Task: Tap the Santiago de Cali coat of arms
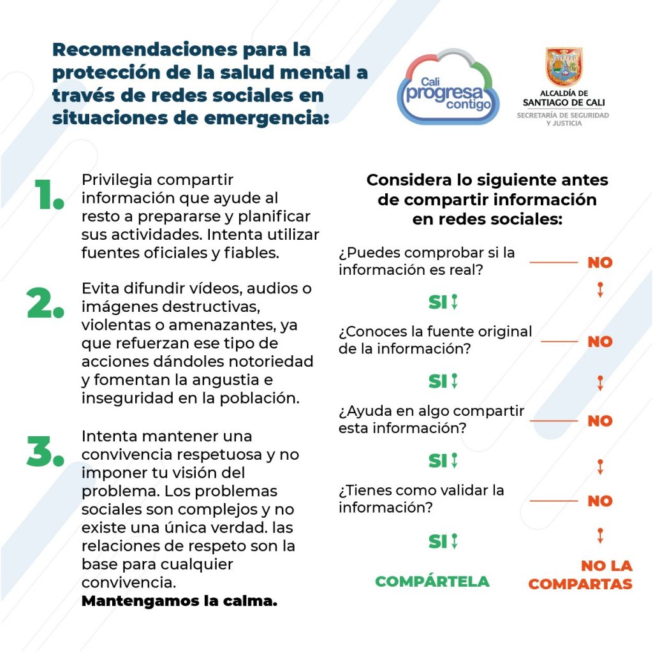(564, 67)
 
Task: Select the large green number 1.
(48, 194)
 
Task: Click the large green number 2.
(45, 303)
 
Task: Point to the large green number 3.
(45, 451)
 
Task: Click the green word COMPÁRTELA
(432, 582)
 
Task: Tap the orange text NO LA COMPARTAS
(580, 575)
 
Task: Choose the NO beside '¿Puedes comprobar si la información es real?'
(599, 263)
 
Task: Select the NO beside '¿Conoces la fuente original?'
(599, 342)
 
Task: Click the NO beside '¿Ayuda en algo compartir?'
(599, 421)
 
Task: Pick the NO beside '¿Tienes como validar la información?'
(599, 501)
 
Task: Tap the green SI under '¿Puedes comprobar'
(438, 302)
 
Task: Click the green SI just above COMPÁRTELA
(438, 541)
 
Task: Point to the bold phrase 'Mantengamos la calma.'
(179, 601)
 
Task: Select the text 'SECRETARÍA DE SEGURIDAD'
(562, 115)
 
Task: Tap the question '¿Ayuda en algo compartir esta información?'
(431, 419)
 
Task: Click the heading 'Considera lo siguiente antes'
(487, 180)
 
